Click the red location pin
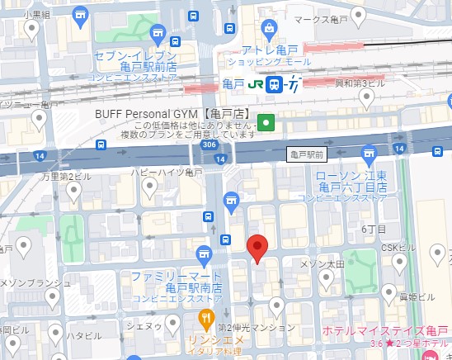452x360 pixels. [258, 246]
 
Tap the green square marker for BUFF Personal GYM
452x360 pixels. [266, 123]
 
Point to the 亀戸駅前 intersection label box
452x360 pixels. [307, 154]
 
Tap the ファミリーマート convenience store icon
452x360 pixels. [205, 253]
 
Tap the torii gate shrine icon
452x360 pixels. [231, 200]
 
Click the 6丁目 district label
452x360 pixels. [374, 229]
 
